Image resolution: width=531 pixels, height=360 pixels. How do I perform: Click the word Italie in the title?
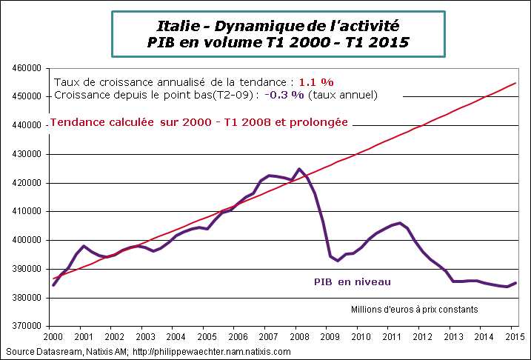[178, 26]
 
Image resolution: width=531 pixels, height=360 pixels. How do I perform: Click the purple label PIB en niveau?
[353, 281]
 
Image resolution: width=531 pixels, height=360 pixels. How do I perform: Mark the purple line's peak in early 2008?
[298, 169]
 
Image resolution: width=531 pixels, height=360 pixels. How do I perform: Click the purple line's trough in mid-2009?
[338, 261]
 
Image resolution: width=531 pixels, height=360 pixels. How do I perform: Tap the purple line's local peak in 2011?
[400, 222]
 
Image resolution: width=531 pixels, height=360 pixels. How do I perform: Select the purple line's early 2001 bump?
[84, 245]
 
